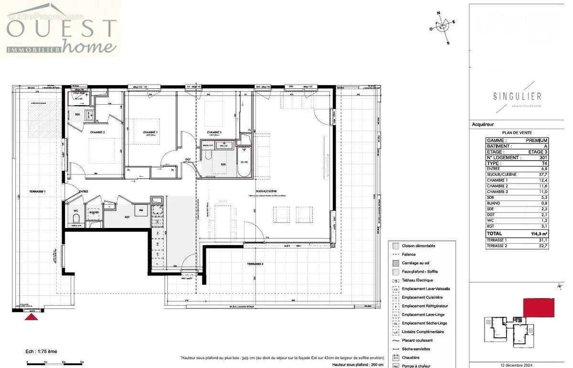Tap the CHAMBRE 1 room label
click(150, 132)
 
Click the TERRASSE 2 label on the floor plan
click(255, 264)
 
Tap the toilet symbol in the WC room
click(75, 219)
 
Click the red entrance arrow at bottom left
click(32, 315)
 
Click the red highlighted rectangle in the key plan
click(539, 307)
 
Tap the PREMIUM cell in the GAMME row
click(537, 140)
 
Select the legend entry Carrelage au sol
click(419, 263)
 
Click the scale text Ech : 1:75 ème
click(42, 351)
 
